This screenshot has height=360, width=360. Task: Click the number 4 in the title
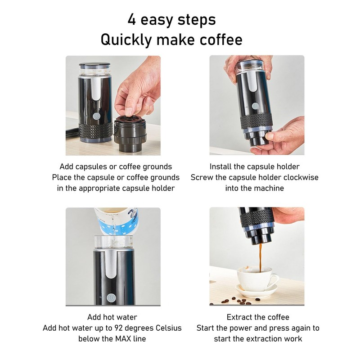pyautogui.click(x=132, y=19)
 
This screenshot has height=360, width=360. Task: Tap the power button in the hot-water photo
pyautogui.click(x=111, y=297)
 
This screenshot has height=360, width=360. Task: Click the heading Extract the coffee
pyautogui.click(x=258, y=317)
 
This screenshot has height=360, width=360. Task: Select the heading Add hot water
pyautogui.click(x=112, y=317)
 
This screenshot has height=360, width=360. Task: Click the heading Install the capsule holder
pyautogui.click(x=254, y=166)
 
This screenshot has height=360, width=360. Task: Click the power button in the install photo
pyautogui.click(x=255, y=106)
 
